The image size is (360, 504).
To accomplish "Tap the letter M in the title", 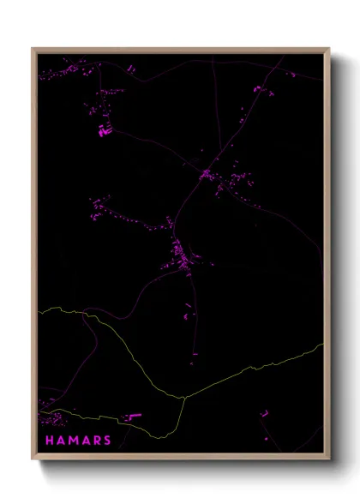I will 72,441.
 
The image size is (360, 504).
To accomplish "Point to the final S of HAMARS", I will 107,441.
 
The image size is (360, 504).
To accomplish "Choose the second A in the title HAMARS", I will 85,441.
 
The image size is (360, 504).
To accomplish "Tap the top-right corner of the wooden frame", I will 330,49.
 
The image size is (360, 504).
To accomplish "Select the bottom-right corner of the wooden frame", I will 330,463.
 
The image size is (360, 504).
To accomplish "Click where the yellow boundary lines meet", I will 183,397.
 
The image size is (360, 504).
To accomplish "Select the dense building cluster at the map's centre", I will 182,257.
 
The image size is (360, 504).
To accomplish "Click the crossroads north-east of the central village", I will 207,176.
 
